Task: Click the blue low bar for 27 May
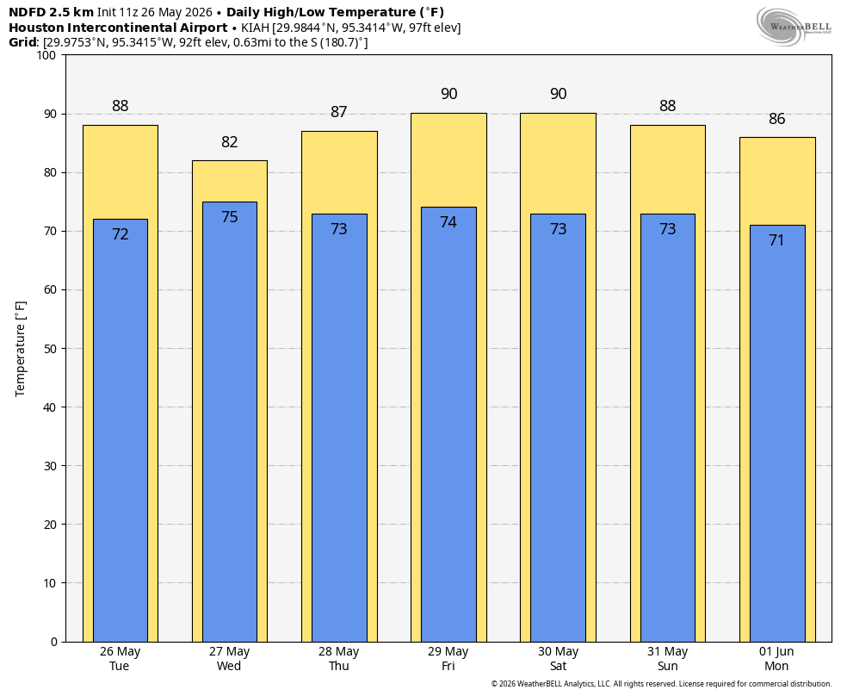[x=230, y=422]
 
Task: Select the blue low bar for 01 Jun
[x=777, y=433]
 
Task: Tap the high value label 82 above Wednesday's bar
[x=230, y=141]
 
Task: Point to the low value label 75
[x=230, y=217]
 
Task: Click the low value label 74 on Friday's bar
[x=448, y=222]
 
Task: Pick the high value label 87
[x=338, y=112]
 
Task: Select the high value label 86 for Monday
[x=776, y=119]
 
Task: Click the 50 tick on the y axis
[x=50, y=349]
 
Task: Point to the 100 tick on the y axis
[x=47, y=55]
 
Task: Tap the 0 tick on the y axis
[x=54, y=642]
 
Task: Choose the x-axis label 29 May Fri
[x=448, y=659]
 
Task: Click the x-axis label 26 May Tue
[x=120, y=659]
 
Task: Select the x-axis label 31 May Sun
[x=668, y=659]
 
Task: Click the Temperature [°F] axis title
[x=20, y=349]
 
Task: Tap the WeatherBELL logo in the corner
[x=794, y=26]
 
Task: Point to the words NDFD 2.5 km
[x=52, y=12]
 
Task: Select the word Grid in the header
[x=22, y=42]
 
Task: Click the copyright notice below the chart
[x=661, y=684]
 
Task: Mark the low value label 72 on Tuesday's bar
[x=120, y=234]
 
